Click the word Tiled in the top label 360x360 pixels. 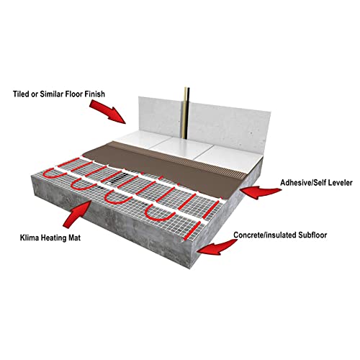(x=21, y=94)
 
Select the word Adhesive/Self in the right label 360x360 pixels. (x=302, y=183)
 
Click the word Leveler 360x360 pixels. (x=338, y=183)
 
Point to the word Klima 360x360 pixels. (x=30, y=238)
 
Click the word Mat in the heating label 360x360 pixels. (x=74, y=238)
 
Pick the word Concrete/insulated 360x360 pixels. (x=265, y=235)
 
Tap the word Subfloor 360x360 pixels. (x=312, y=235)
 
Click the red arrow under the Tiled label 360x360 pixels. (x=109, y=112)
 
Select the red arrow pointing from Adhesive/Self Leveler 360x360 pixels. (x=261, y=192)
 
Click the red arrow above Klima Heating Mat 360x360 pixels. (x=77, y=214)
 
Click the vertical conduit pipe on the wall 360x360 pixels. (x=186, y=113)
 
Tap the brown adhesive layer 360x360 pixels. (x=166, y=166)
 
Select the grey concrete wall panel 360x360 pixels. (x=204, y=121)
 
